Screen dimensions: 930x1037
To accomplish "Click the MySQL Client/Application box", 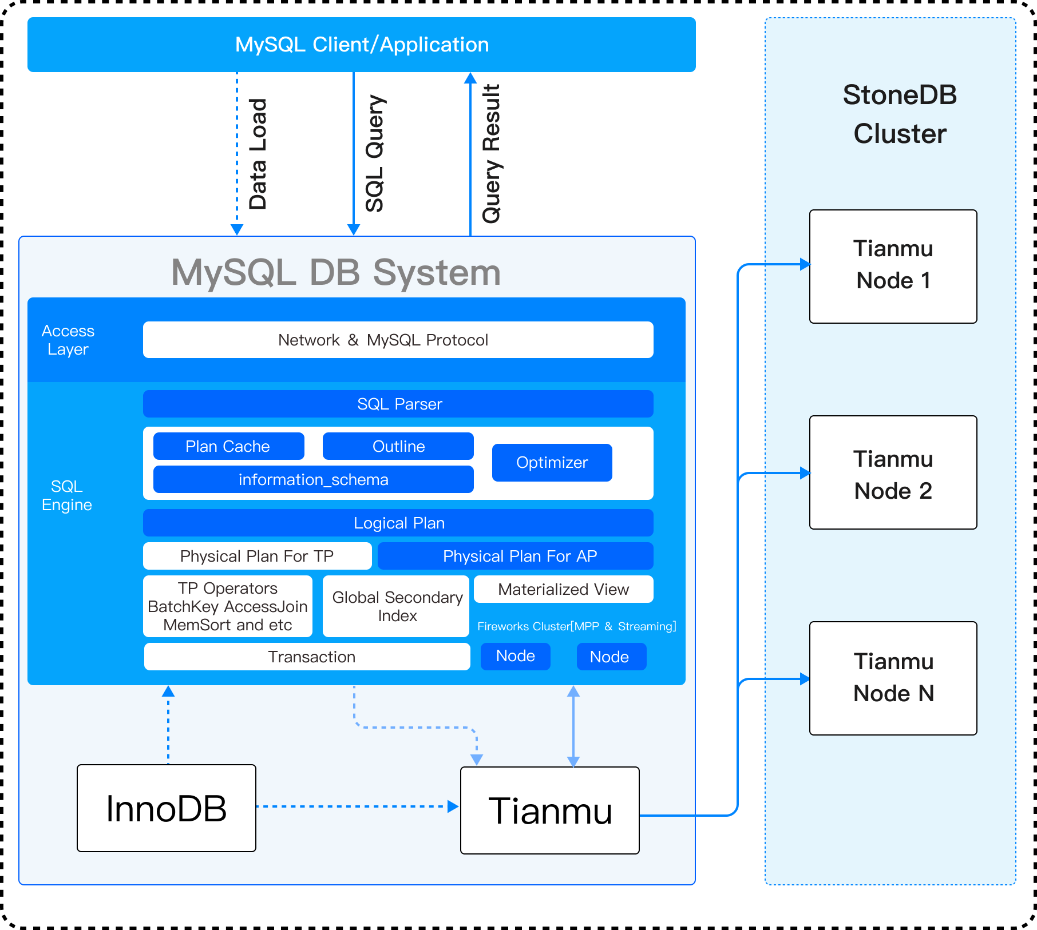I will [362, 45].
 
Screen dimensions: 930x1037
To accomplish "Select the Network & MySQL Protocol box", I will [398, 340].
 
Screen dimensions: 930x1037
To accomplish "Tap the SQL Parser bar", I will [398, 404].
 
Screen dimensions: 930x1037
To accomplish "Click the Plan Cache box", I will [228, 446].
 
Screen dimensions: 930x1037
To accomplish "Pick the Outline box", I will [398, 446].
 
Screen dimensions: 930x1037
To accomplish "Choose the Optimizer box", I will [552, 462].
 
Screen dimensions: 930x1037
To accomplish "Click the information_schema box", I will [313, 479].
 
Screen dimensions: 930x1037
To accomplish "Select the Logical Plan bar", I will [398, 523].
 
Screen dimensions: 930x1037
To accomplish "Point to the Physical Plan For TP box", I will [257, 556].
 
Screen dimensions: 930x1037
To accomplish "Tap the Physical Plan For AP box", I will [515, 556].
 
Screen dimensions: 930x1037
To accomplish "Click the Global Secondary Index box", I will [396, 606].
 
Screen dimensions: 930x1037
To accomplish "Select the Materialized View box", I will [563, 589].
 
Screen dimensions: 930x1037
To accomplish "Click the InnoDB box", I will [167, 808].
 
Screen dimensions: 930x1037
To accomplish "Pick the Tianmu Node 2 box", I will [893, 472].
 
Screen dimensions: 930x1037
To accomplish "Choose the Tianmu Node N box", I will [893, 678].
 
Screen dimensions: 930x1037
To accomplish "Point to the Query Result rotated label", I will [491, 153].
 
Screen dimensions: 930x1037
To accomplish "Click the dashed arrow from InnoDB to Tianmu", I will [355, 806].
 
